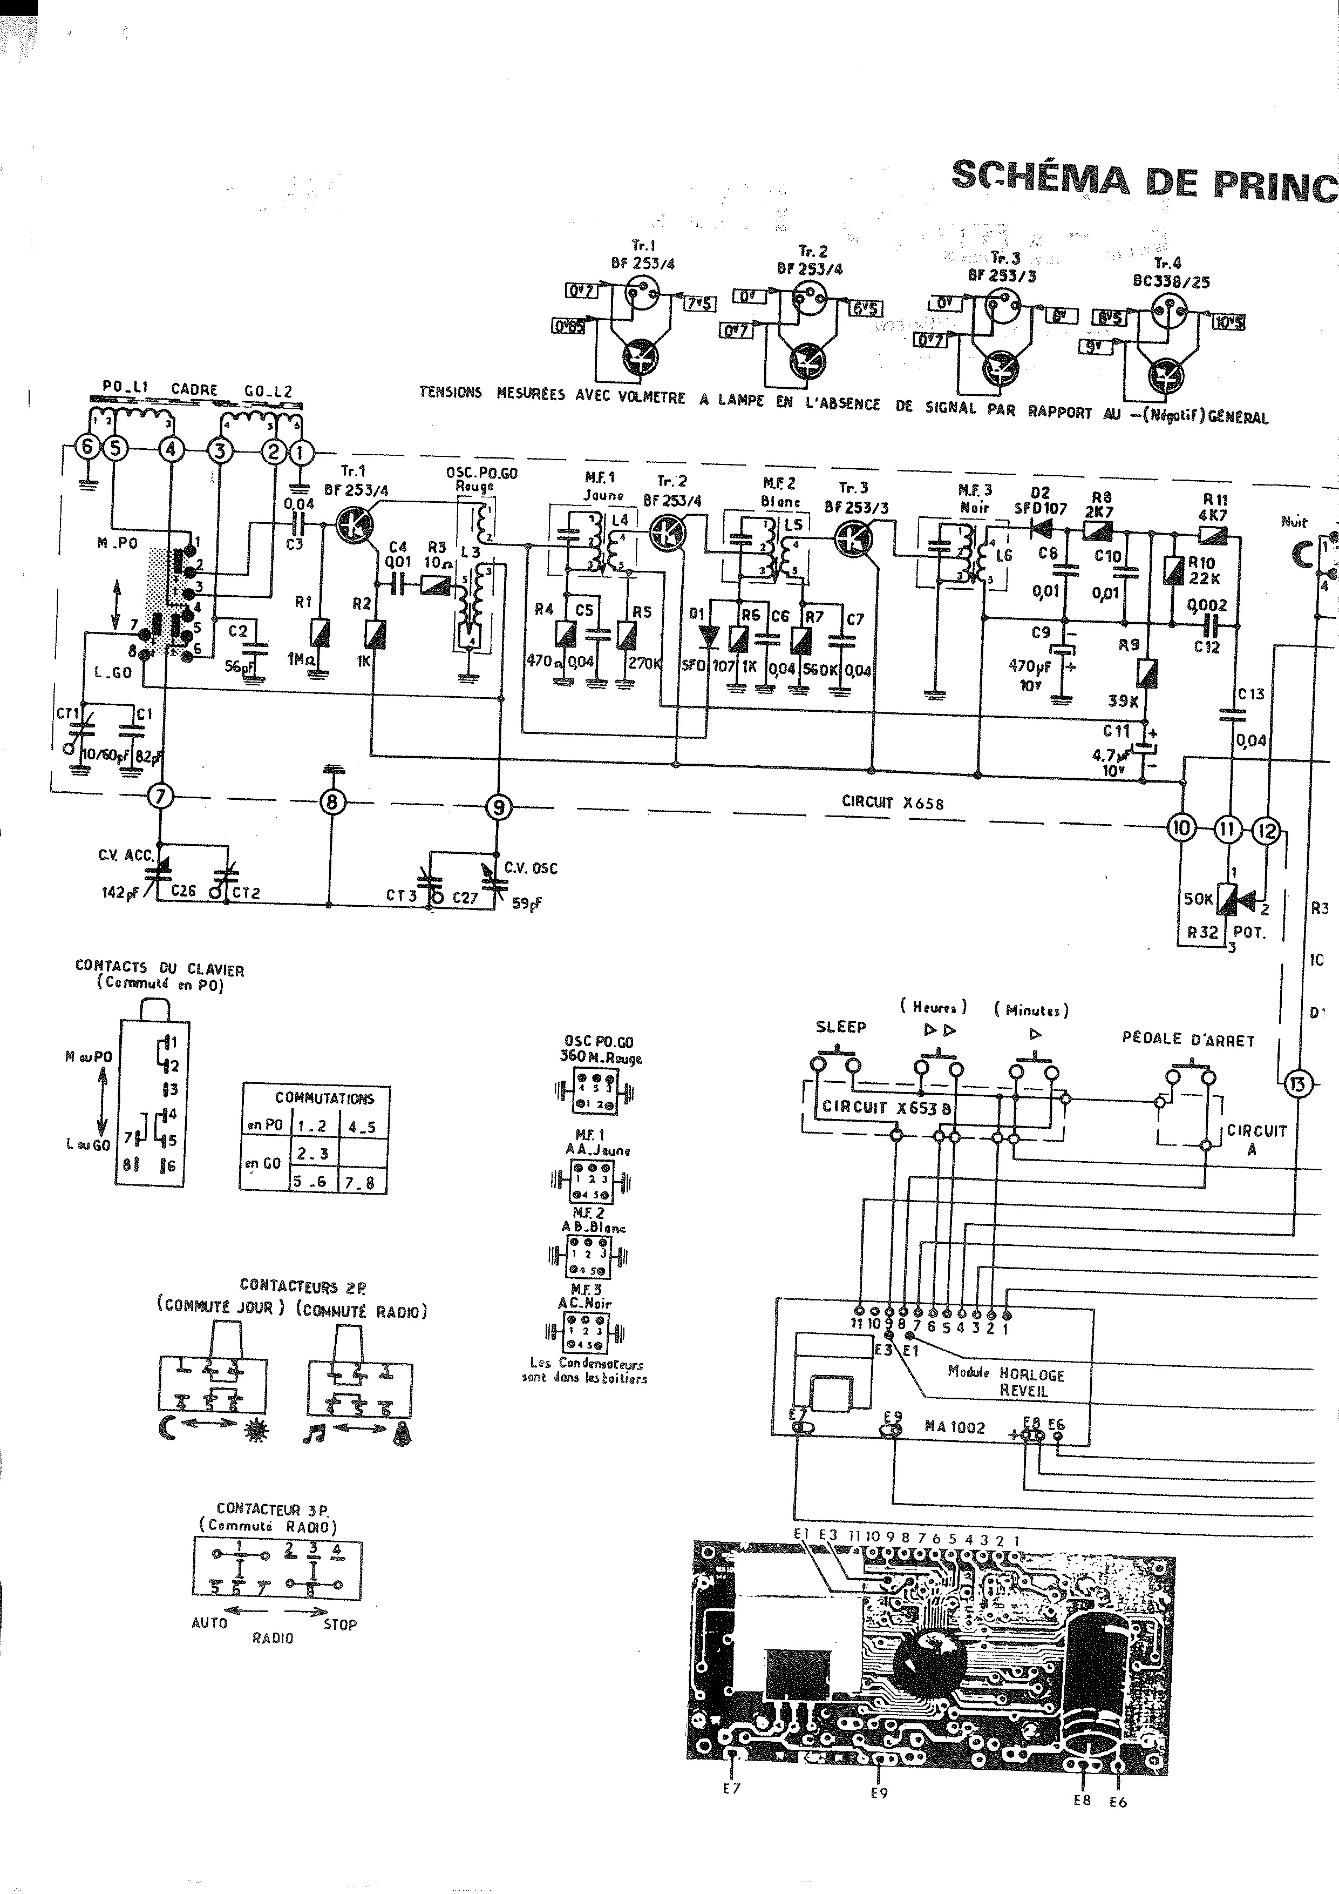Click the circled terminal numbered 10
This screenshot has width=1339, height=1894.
point(1182,829)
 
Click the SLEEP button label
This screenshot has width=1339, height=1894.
point(840,1027)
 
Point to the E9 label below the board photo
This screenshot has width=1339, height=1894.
point(879,1792)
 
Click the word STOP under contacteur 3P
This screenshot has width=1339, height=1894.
point(339,1625)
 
